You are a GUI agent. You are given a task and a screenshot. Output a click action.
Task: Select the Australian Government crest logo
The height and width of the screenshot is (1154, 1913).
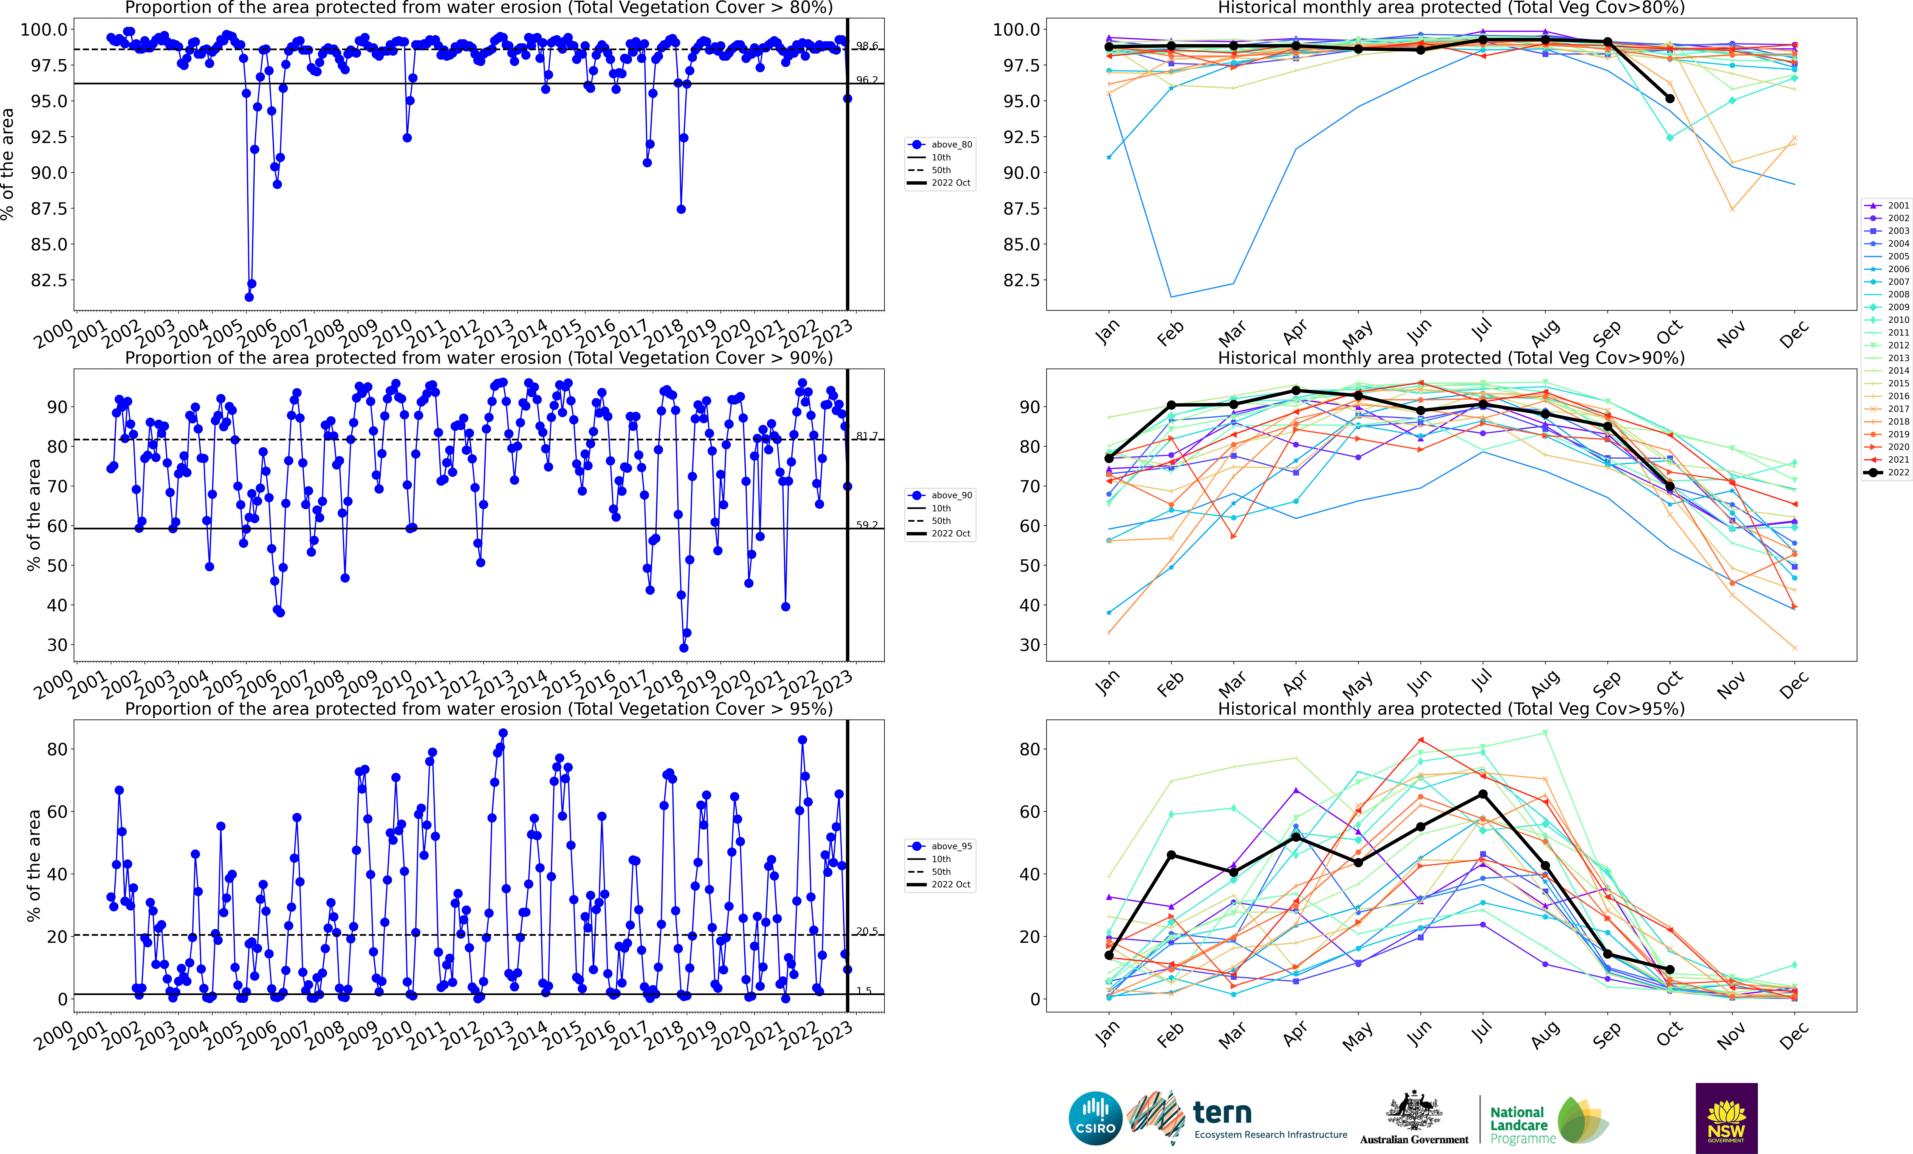pyautogui.click(x=1414, y=1111)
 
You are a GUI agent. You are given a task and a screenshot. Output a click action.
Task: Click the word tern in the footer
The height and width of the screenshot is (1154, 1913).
pyautogui.click(x=1222, y=1113)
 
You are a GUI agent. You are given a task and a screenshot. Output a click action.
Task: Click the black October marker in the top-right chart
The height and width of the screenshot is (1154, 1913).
pyautogui.click(x=1669, y=99)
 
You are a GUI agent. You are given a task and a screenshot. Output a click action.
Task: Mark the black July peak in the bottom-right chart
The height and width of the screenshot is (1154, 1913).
pyautogui.click(x=1483, y=794)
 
